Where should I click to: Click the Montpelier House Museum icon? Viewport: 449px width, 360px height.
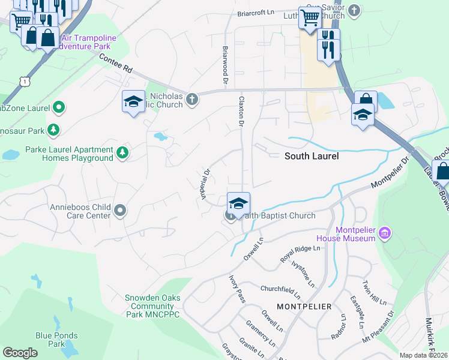[385, 232]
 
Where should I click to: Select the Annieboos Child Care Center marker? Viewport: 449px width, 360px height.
[120, 210]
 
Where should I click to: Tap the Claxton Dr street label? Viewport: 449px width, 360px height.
[241, 111]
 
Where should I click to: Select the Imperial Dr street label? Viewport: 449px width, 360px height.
[204, 184]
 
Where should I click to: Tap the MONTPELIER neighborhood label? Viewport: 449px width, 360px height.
[304, 307]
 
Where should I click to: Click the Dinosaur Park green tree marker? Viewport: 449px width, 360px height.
[53, 130]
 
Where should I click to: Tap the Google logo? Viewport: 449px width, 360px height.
[20, 353]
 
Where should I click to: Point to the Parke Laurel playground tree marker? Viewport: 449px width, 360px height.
[122, 153]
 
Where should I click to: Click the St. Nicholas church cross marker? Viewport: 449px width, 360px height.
[191, 99]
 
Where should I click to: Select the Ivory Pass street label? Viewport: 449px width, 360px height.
[237, 289]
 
